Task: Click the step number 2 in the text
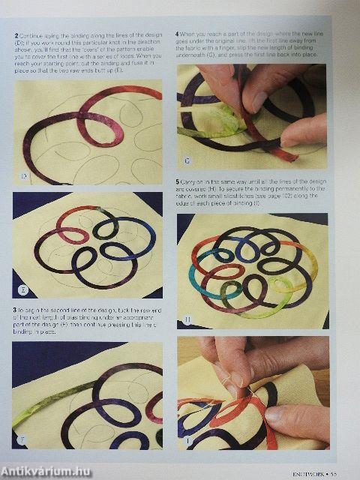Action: (16, 35)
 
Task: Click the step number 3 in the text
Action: (16, 310)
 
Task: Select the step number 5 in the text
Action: (178, 181)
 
